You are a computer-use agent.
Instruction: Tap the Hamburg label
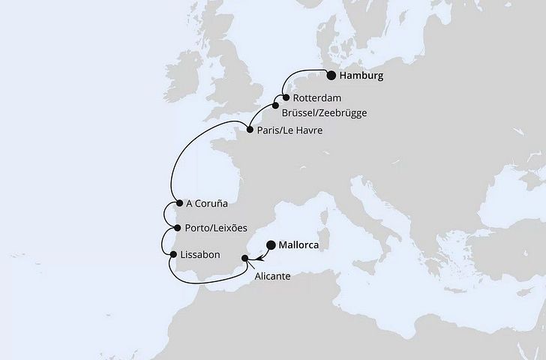click(x=362, y=76)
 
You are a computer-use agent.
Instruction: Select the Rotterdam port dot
click(x=286, y=97)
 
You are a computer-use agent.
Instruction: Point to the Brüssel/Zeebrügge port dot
click(x=275, y=106)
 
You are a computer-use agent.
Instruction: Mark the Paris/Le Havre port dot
click(x=250, y=129)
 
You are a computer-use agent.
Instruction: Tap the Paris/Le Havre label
click(x=290, y=130)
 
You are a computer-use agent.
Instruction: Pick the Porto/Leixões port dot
click(x=176, y=227)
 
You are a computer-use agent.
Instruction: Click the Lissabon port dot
click(x=173, y=255)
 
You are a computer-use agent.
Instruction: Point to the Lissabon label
click(x=200, y=255)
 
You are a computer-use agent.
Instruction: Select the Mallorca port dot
click(x=271, y=244)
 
